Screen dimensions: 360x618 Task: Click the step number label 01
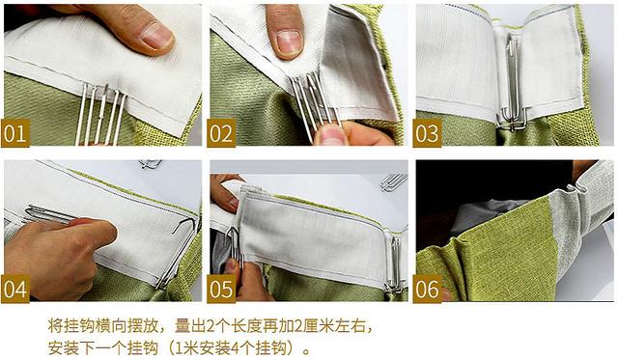click(x=16, y=133)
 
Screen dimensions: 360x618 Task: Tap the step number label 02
click(x=222, y=133)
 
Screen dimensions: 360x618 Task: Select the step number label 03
click(x=428, y=133)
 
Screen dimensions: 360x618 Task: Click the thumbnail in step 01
click(x=154, y=35)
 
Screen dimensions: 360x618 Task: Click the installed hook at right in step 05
click(x=393, y=261)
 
